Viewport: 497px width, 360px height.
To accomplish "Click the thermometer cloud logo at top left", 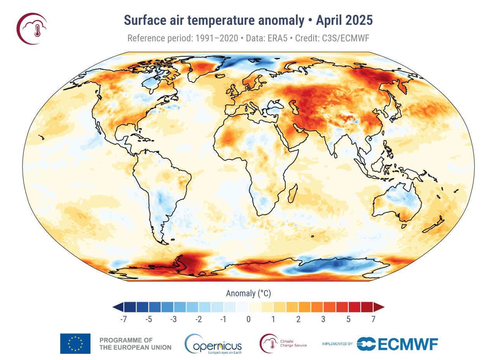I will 32,28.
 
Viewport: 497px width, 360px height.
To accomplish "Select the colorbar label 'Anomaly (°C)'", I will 248,293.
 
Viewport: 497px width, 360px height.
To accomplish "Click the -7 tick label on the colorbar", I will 123,319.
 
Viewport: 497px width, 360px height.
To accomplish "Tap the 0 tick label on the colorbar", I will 248,319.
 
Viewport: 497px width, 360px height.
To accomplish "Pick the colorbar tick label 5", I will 348,319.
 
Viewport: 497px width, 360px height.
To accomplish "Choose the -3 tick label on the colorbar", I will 173,319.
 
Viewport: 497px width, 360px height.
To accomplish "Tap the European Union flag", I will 75,344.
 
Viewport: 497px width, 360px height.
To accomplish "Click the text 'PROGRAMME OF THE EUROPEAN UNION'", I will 135,344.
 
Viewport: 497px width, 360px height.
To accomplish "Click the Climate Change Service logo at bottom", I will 283,343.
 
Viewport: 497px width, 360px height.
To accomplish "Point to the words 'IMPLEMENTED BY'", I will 337,344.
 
